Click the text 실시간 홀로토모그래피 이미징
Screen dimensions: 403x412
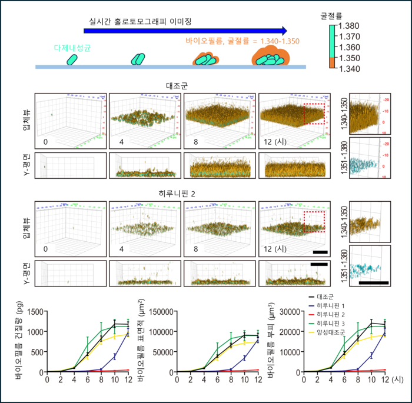[141, 22]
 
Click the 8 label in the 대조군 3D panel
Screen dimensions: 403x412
[194, 142]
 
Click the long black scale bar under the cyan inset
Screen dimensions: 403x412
[373, 283]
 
